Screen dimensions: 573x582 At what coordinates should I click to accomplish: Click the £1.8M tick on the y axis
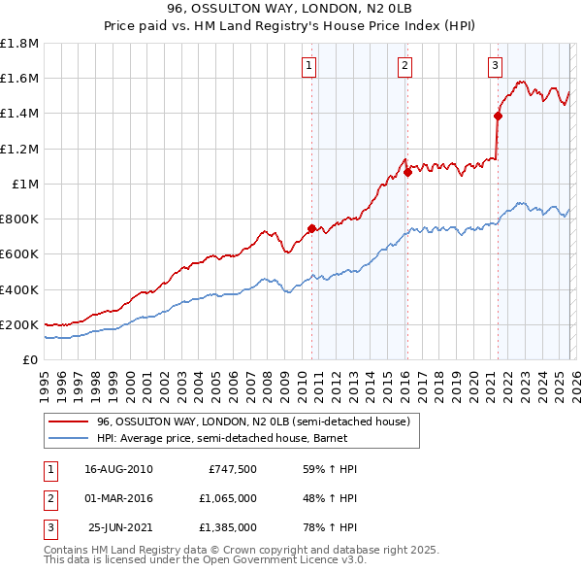pyautogui.click(x=19, y=44)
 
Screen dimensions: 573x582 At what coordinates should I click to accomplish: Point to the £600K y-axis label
pyautogui.click(x=19, y=254)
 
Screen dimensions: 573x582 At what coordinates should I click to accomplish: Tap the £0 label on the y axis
pyautogui.click(x=29, y=360)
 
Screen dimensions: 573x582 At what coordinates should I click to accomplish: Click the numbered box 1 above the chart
pyautogui.click(x=308, y=66)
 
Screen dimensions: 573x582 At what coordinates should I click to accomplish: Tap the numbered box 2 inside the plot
pyautogui.click(x=404, y=66)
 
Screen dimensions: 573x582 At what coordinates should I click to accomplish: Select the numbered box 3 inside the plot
pyautogui.click(x=495, y=66)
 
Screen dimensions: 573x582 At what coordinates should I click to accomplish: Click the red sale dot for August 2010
pyautogui.click(x=311, y=228)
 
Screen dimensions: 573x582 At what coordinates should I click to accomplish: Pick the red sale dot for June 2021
pyautogui.click(x=498, y=116)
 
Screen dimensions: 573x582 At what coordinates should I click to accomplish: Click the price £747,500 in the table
pyautogui.click(x=233, y=469)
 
